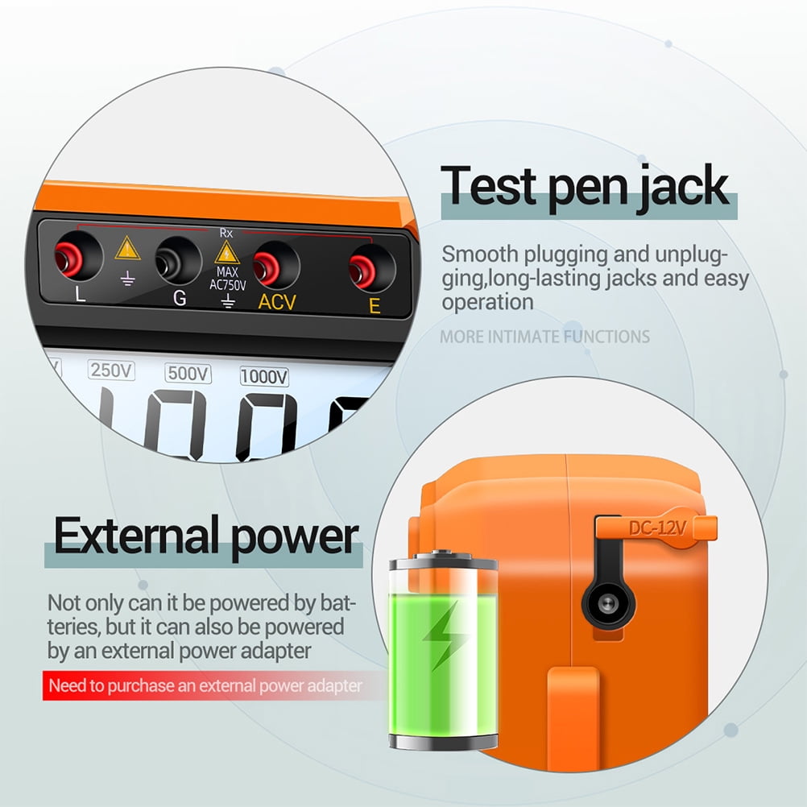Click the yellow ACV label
pyautogui.click(x=277, y=302)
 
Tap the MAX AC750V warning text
pyautogui.click(x=227, y=279)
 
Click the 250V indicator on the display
pyautogui.click(x=111, y=370)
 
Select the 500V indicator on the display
pyautogui.click(x=188, y=373)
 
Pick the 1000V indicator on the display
pyautogui.click(x=264, y=377)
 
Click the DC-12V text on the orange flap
pyautogui.click(x=657, y=528)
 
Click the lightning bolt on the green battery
pyautogui.click(x=445, y=635)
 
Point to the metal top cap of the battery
pyautogui.click(x=443, y=560)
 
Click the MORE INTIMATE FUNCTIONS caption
pyautogui.click(x=544, y=337)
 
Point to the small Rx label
pyautogui.click(x=226, y=233)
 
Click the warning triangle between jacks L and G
pyautogui.click(x=127, y=248)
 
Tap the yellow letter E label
pyautogui.click(x=375, y=306)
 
